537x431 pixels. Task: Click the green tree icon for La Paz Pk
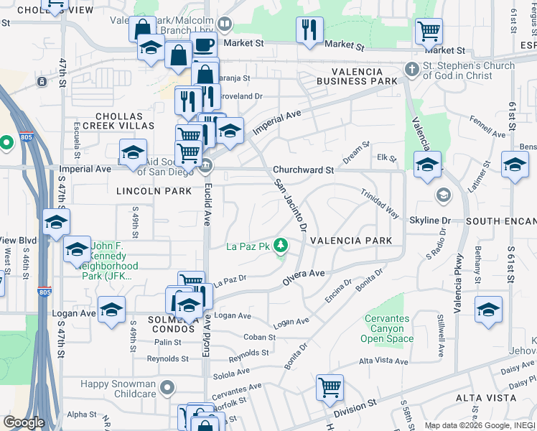pyautogui.click(x=281, y=246)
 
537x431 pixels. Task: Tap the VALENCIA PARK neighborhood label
pyautogui.click(x=351, y=241)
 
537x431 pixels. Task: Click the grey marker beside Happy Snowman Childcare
pyautogui.click(x=167, y=389)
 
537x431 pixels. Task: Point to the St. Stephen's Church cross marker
pyautogui.click(x=411, y=70)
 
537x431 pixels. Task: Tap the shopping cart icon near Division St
pyautogui.click(x=330, y=388)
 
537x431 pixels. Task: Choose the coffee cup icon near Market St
pyautogui.click(x=204, y=45)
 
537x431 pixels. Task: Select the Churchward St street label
pyautogui.click(x=303, y=171)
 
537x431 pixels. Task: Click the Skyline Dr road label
pyautogui.click(x=430, y=220)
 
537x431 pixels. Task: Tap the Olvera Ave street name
pyautogui.click(x=304, y=274)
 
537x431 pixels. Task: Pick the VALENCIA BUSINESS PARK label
pyautogui.click(x=363, y=77)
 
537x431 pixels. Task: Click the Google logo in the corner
pyautogui.click(x=24, y=422)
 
